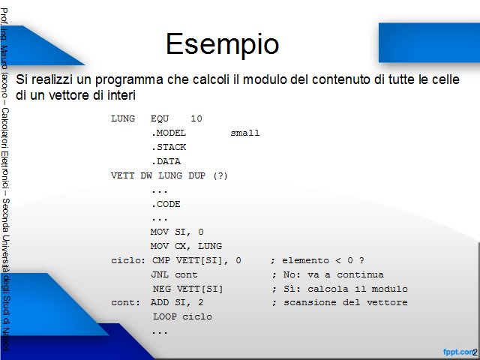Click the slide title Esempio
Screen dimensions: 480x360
tap(223, 44)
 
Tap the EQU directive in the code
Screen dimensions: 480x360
tap(160, 118)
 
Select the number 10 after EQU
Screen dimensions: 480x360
tap(196, 118)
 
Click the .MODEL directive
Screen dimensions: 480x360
tap(169, 133)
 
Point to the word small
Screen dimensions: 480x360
tap(245, 133)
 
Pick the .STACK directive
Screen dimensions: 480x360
tap(169, 147)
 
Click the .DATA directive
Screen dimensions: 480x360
tap(166, 161)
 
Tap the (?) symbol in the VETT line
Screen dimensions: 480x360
tap(220, 175)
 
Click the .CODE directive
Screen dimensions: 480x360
tap(166, 204)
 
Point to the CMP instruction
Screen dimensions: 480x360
tap(161, 260)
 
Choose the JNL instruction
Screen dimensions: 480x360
tap(160, 274)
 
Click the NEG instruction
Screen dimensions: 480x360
tap(162, 289)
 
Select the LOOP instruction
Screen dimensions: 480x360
tap(165, 316)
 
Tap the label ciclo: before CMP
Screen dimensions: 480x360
tap(128, 260)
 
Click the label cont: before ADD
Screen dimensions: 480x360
tap(125, 303)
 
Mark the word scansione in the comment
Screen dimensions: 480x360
tap(310, 303)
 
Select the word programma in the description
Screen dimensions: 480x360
tap(129, 80)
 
